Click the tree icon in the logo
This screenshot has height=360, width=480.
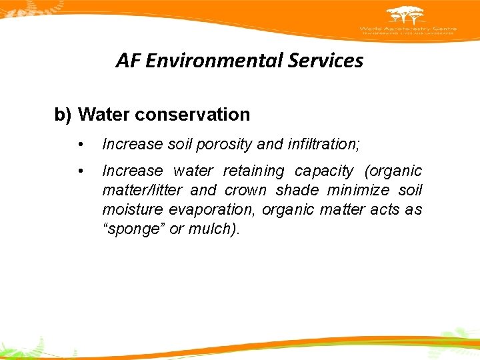(x=406, y=15)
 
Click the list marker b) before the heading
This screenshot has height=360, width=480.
(x=63, y=115)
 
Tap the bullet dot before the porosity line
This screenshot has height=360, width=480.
(x=81, y=144)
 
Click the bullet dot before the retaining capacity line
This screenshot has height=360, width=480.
(x=81, y=172)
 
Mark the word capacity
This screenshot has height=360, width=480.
(x=325, y=171)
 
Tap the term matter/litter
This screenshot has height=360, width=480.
(x=142, y=191)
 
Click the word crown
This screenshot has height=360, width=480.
(x=247, y=191)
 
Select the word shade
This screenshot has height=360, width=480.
(x=297, y=191)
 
